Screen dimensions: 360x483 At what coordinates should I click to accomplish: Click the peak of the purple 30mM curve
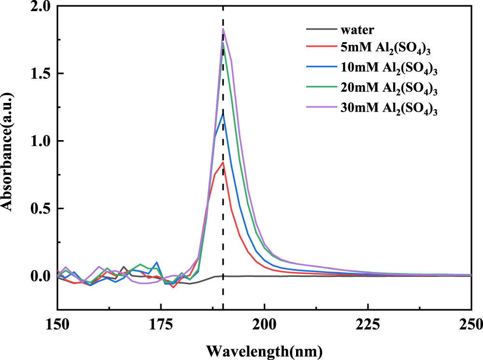(x=223, y=29)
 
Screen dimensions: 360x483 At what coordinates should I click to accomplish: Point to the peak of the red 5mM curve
(x=223, y=162)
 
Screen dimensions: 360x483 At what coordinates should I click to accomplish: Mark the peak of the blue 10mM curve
(x=223, y=114)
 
